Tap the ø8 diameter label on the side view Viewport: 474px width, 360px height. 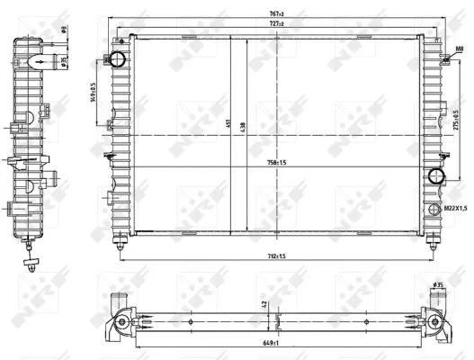tap(66, 31)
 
